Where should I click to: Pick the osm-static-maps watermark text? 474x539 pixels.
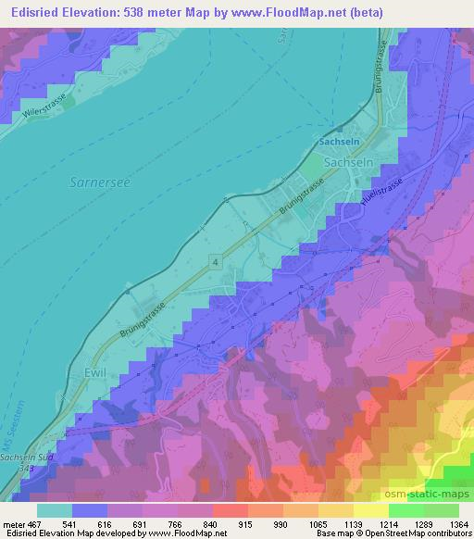click(x=432, y=493)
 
